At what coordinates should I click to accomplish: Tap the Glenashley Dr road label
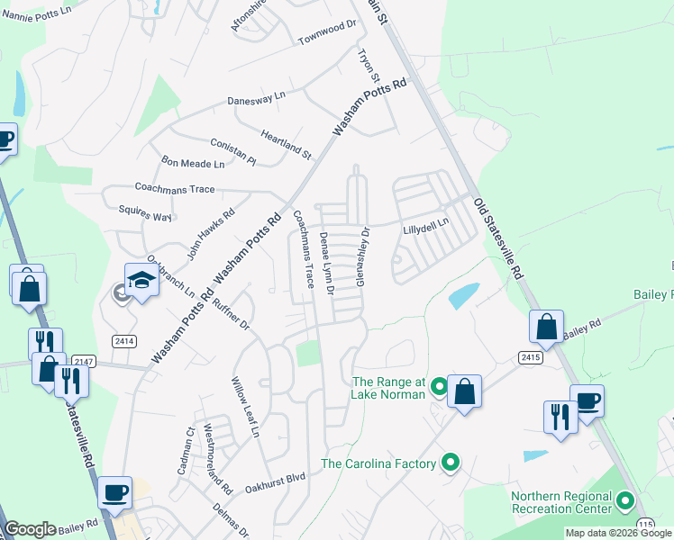[363, 256]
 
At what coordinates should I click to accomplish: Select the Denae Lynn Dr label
[327, 265]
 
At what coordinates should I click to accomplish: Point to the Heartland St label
[286, 144]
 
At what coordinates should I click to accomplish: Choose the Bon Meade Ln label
[193, 164]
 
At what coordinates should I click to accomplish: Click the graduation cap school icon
[141, 281]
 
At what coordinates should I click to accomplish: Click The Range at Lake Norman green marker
[439, 388]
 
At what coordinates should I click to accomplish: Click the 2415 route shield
[531, 357]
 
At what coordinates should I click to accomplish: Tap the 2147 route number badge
[82, 360]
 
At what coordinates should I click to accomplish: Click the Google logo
[30, 529]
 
